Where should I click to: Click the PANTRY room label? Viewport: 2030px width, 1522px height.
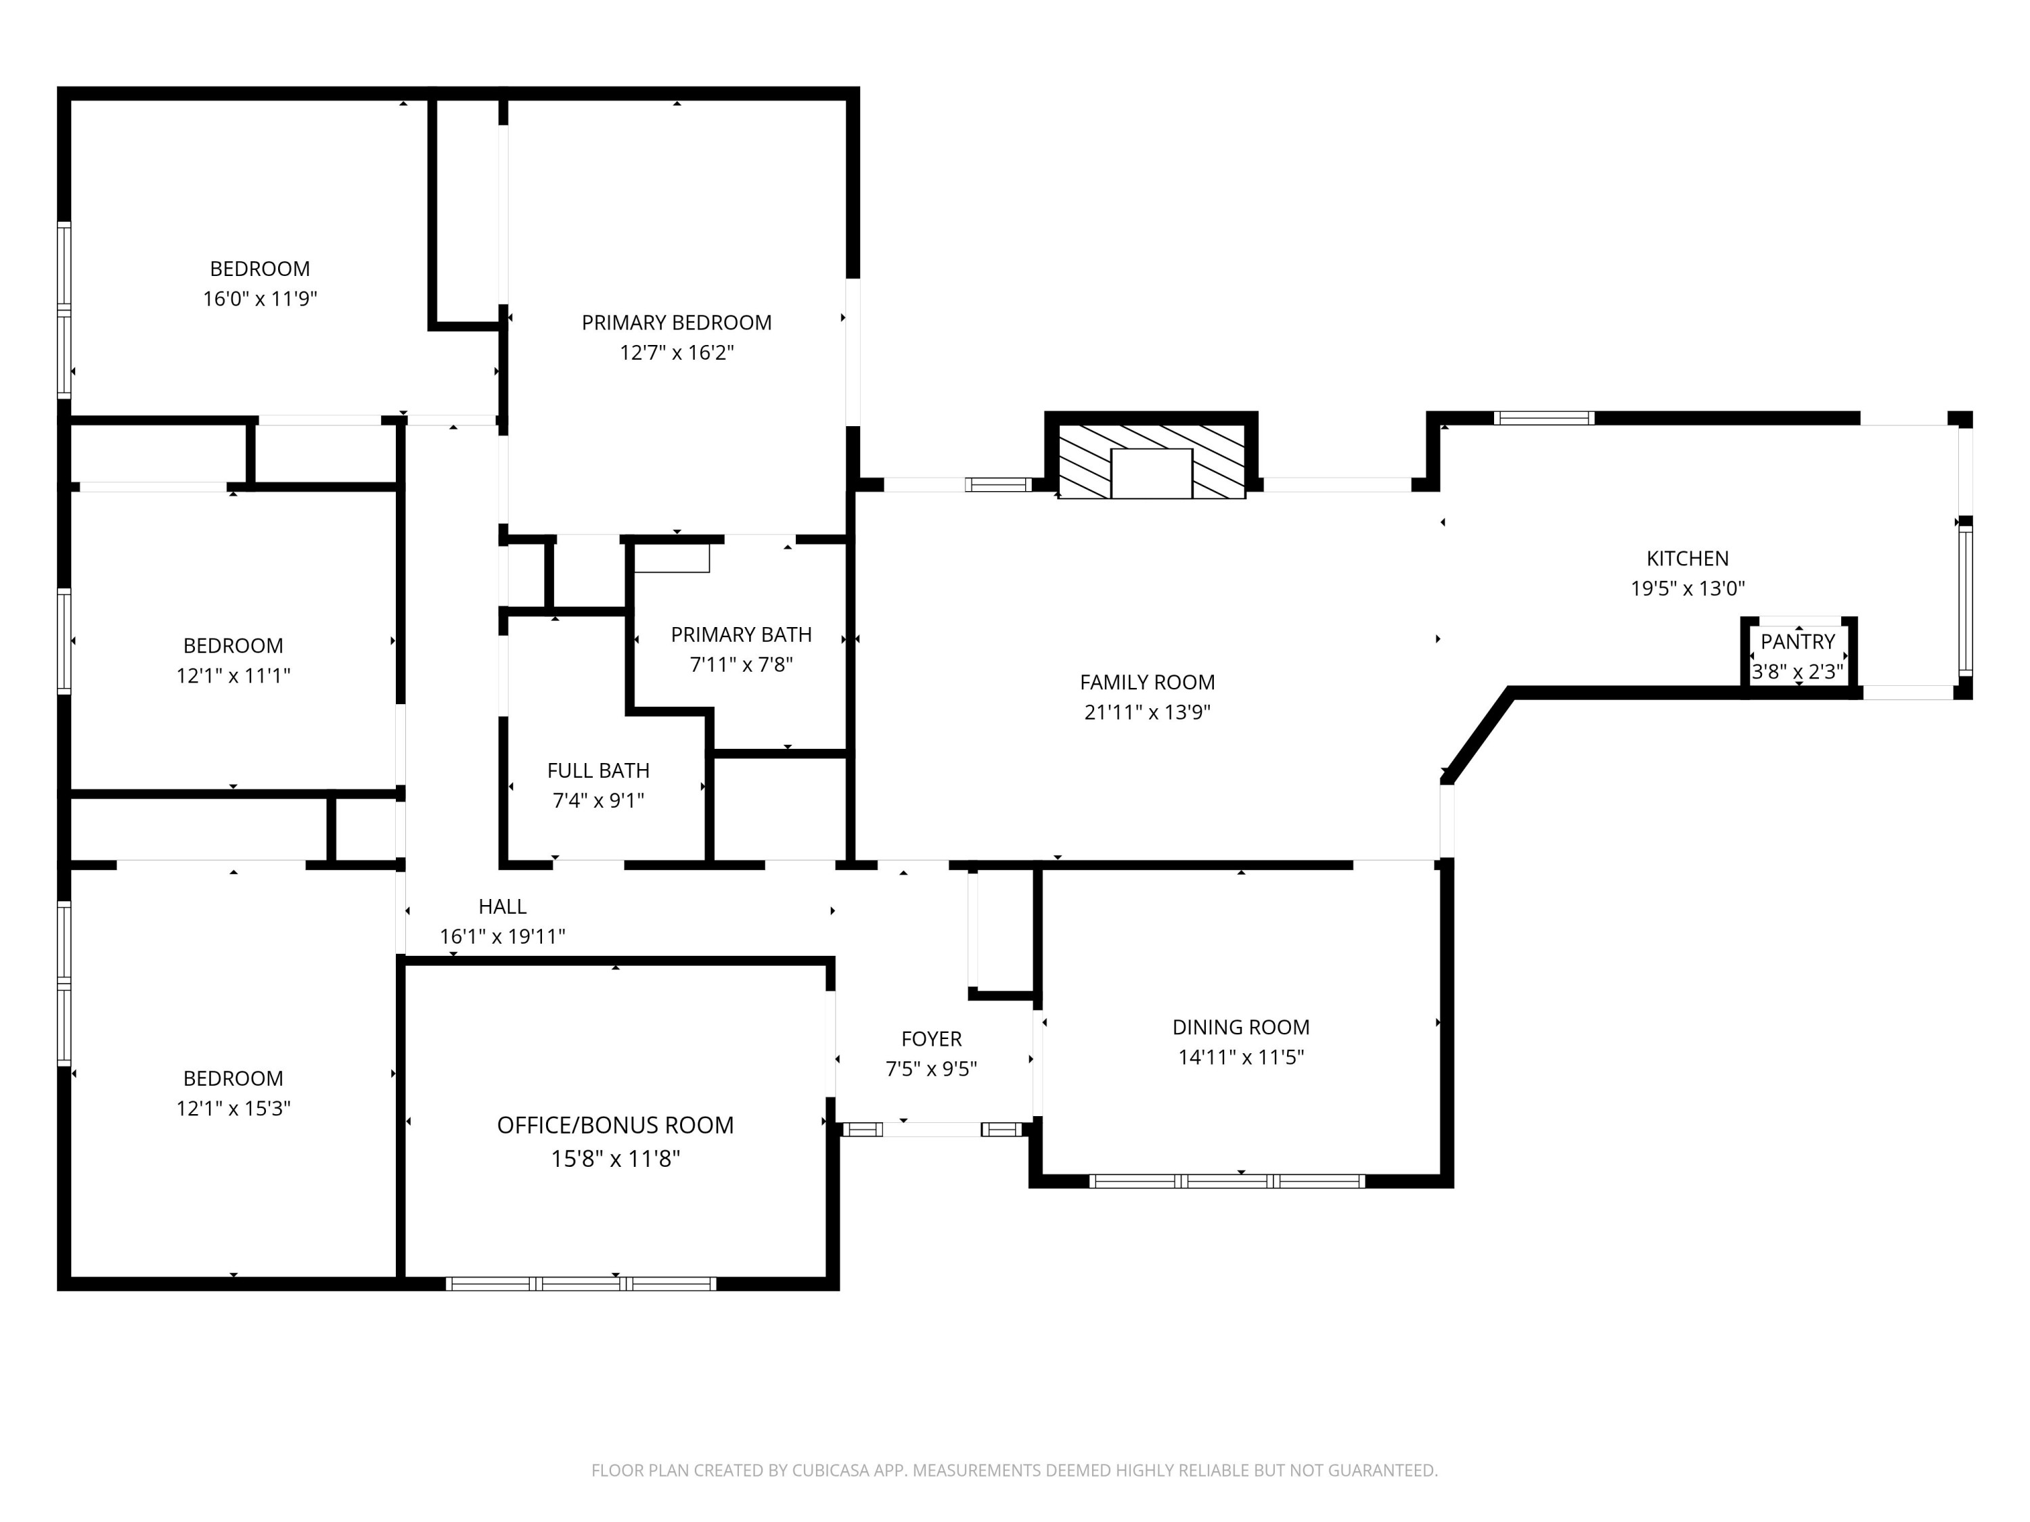(1797, 641)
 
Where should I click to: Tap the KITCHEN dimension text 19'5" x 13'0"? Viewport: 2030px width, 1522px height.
(1687, 588)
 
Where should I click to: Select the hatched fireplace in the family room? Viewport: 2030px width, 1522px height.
(1152, 461)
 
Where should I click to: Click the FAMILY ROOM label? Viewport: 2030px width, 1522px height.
(1146, 682)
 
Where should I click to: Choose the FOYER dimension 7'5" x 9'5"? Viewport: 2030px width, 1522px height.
(930, 1069)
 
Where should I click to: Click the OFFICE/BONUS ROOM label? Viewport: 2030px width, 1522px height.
(615, 1125)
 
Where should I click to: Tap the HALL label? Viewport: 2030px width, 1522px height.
(502, 906)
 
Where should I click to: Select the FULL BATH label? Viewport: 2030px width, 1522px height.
(597, 770)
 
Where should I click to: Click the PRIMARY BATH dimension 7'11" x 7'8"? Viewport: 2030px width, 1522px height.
(740, 664)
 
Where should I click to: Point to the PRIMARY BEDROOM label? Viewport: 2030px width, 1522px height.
(677, 322)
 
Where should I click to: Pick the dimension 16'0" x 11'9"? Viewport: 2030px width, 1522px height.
(260, 298)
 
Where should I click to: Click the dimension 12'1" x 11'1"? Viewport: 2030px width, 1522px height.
(233, 675)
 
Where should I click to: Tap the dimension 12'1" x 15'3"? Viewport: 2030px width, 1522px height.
(233, 1108)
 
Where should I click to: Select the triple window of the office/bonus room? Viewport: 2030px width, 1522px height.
(581, 1283)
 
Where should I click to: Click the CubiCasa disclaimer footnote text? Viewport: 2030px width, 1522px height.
(1014, 1470)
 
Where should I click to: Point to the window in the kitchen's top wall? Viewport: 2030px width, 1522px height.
(1543, 418)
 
